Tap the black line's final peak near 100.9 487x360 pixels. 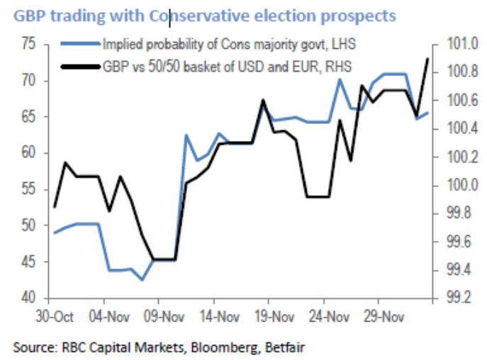point(427,59)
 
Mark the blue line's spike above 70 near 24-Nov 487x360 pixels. point(340,79)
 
